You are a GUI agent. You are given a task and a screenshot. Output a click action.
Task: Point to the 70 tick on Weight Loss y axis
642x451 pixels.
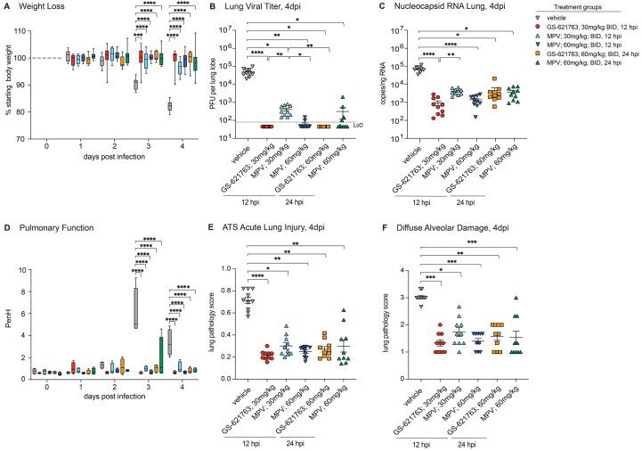(18, 140)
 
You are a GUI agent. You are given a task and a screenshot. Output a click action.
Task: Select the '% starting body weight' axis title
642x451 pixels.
(7, 83)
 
